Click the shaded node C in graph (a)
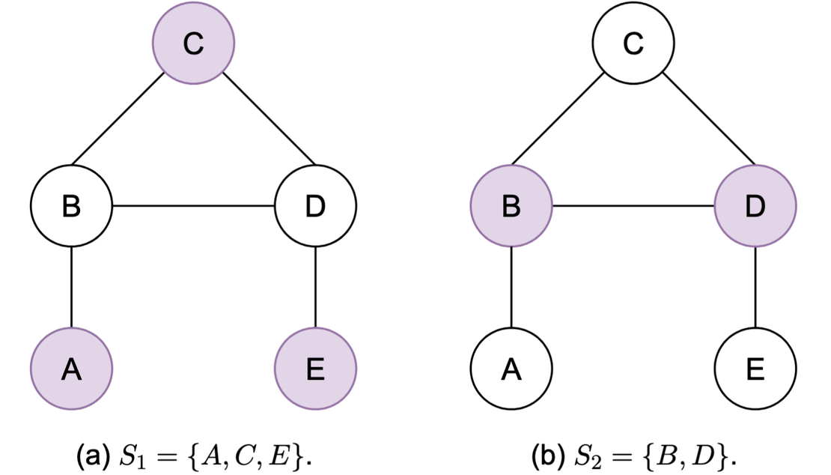(x=193, y=45)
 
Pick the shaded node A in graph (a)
(x=71, y=369)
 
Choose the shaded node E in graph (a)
(x=316, y=369)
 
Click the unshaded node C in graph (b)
(x=633, y=45)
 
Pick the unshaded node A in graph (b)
(x=511, y=369)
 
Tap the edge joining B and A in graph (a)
(x=71, y=288)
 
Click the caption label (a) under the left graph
(x=91, y=453)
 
